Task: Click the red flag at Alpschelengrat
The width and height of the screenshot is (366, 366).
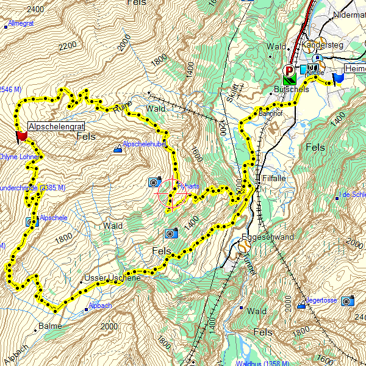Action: click(22, 136)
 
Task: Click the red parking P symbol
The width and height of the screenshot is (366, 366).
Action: click(289, 71)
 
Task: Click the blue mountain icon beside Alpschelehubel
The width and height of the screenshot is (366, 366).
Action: click(118, 148)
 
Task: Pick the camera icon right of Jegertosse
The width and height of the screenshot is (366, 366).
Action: click(347, 301)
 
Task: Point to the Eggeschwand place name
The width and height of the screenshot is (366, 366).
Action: click(268, 237)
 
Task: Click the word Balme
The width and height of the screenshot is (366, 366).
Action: click(51, 326)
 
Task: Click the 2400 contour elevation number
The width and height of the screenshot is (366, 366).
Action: click(35, 9)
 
